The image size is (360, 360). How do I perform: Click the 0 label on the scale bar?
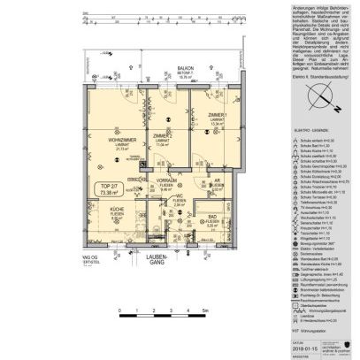coord(118,312)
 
